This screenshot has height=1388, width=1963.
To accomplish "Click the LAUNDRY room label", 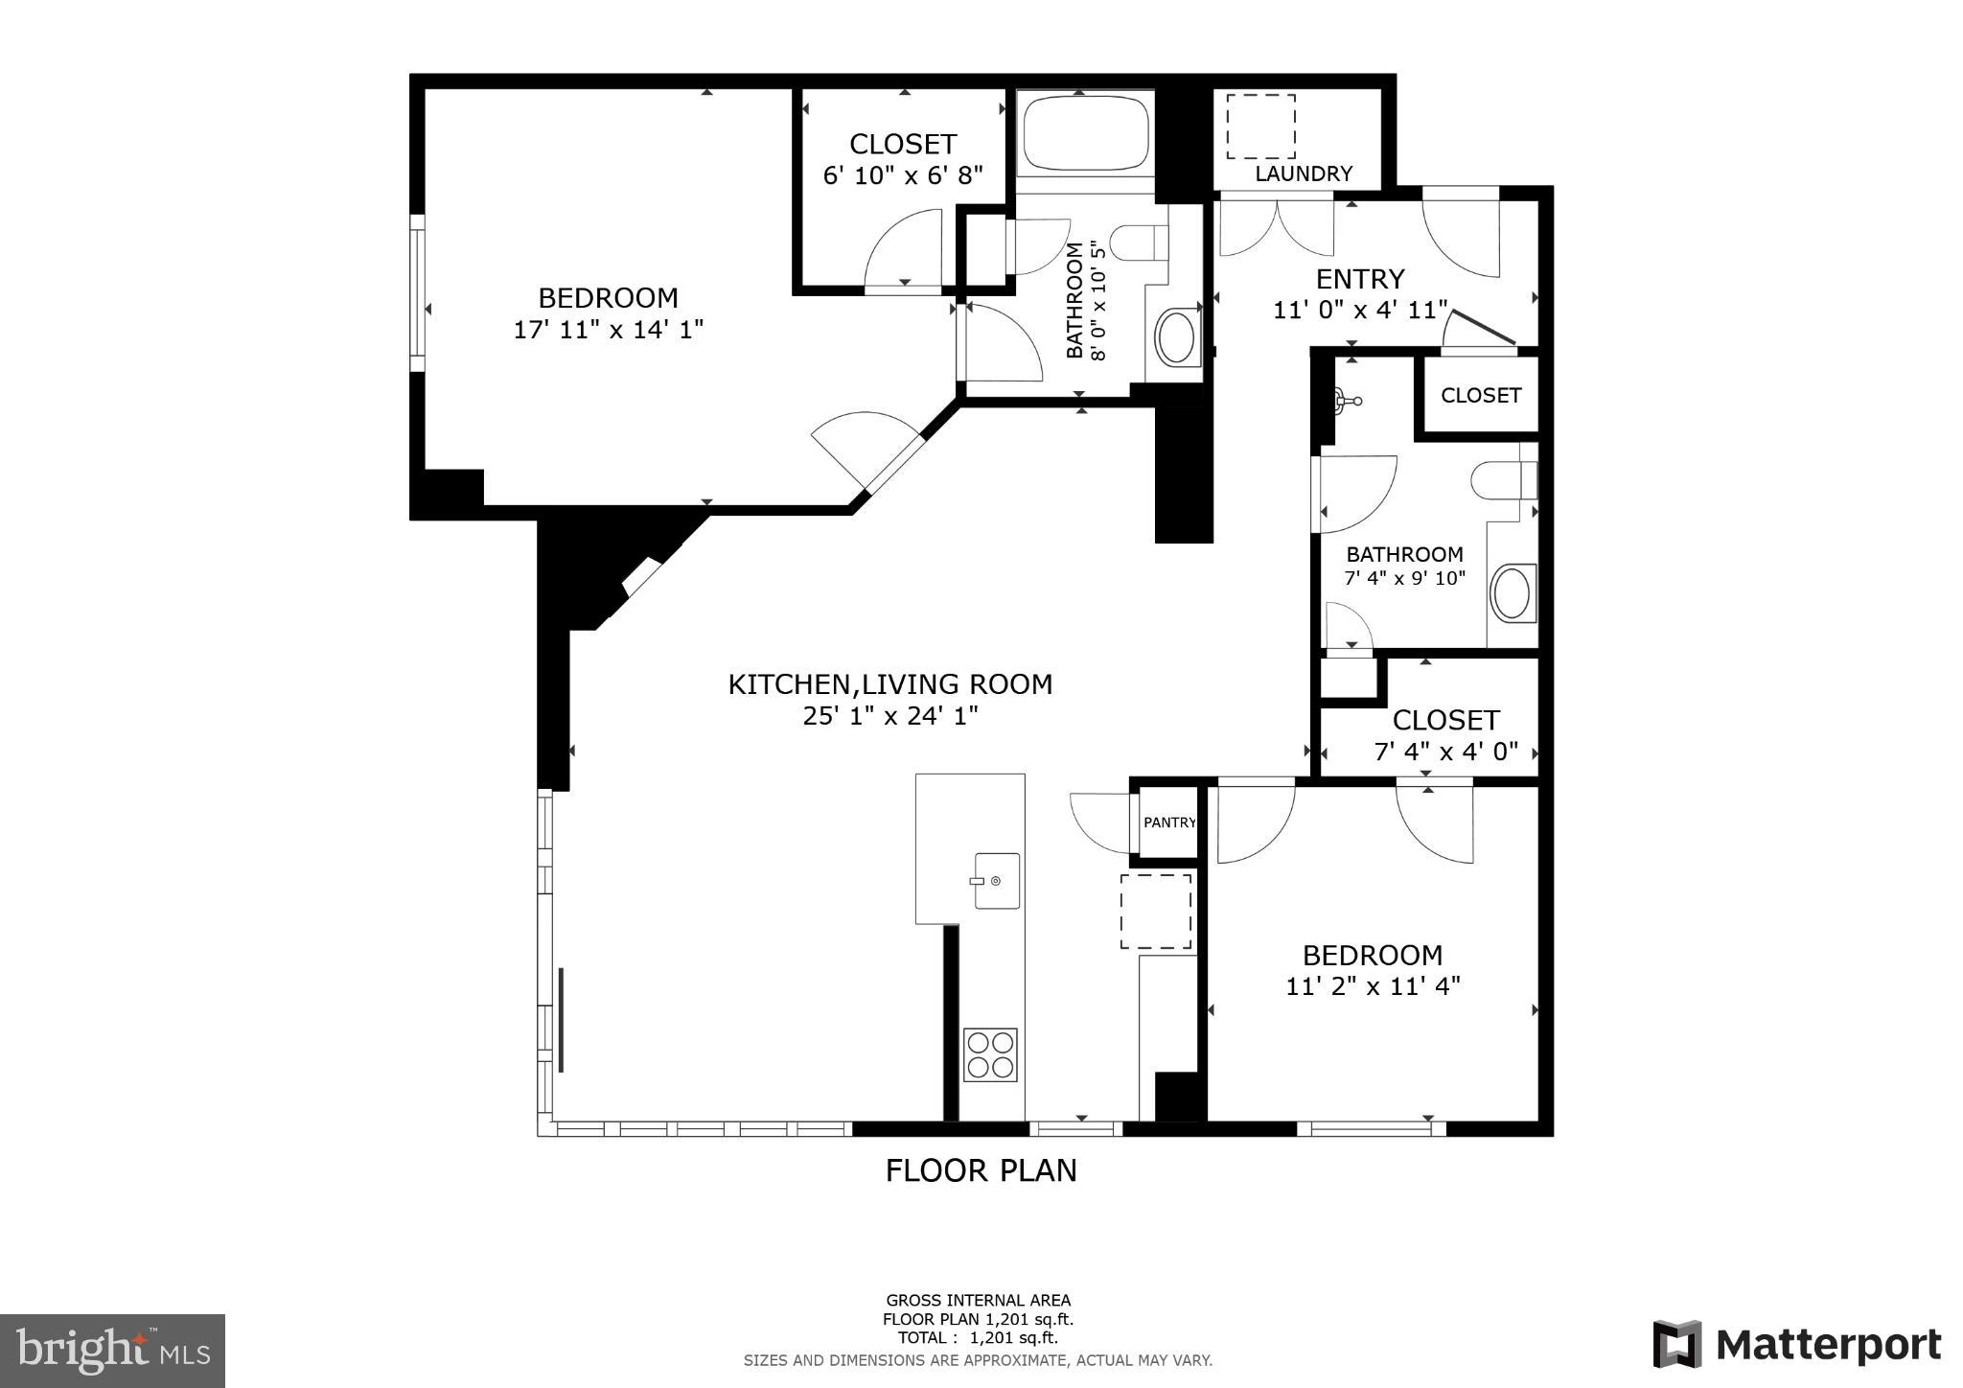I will point(1304,173).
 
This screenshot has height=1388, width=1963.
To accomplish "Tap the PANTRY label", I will point(1169,822).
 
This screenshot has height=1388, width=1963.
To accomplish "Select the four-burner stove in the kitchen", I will point(990,1054).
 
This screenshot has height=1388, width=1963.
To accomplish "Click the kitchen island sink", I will point(997,880).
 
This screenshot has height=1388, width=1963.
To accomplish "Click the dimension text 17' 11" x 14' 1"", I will point(609,330).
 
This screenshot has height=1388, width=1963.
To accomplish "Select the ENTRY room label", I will point(1360,279).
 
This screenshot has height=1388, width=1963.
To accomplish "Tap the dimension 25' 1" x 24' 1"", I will point(890,716).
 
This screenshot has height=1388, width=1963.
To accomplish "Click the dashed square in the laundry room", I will point(1261,127).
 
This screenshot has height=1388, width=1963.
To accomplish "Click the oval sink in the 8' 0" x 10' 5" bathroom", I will point(1175,337).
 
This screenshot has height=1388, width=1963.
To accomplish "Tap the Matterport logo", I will point(1797,1344).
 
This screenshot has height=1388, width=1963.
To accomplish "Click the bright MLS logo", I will point(112,1351).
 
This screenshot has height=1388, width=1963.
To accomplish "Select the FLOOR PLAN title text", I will point(981,1170).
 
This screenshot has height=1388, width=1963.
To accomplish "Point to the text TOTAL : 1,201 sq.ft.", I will point(978,1338).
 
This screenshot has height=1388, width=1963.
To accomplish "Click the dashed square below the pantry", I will point(1156,911).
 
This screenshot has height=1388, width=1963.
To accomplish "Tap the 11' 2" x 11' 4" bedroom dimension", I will point(1373,986).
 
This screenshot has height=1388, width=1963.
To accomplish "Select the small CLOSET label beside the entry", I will point(1481,395).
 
